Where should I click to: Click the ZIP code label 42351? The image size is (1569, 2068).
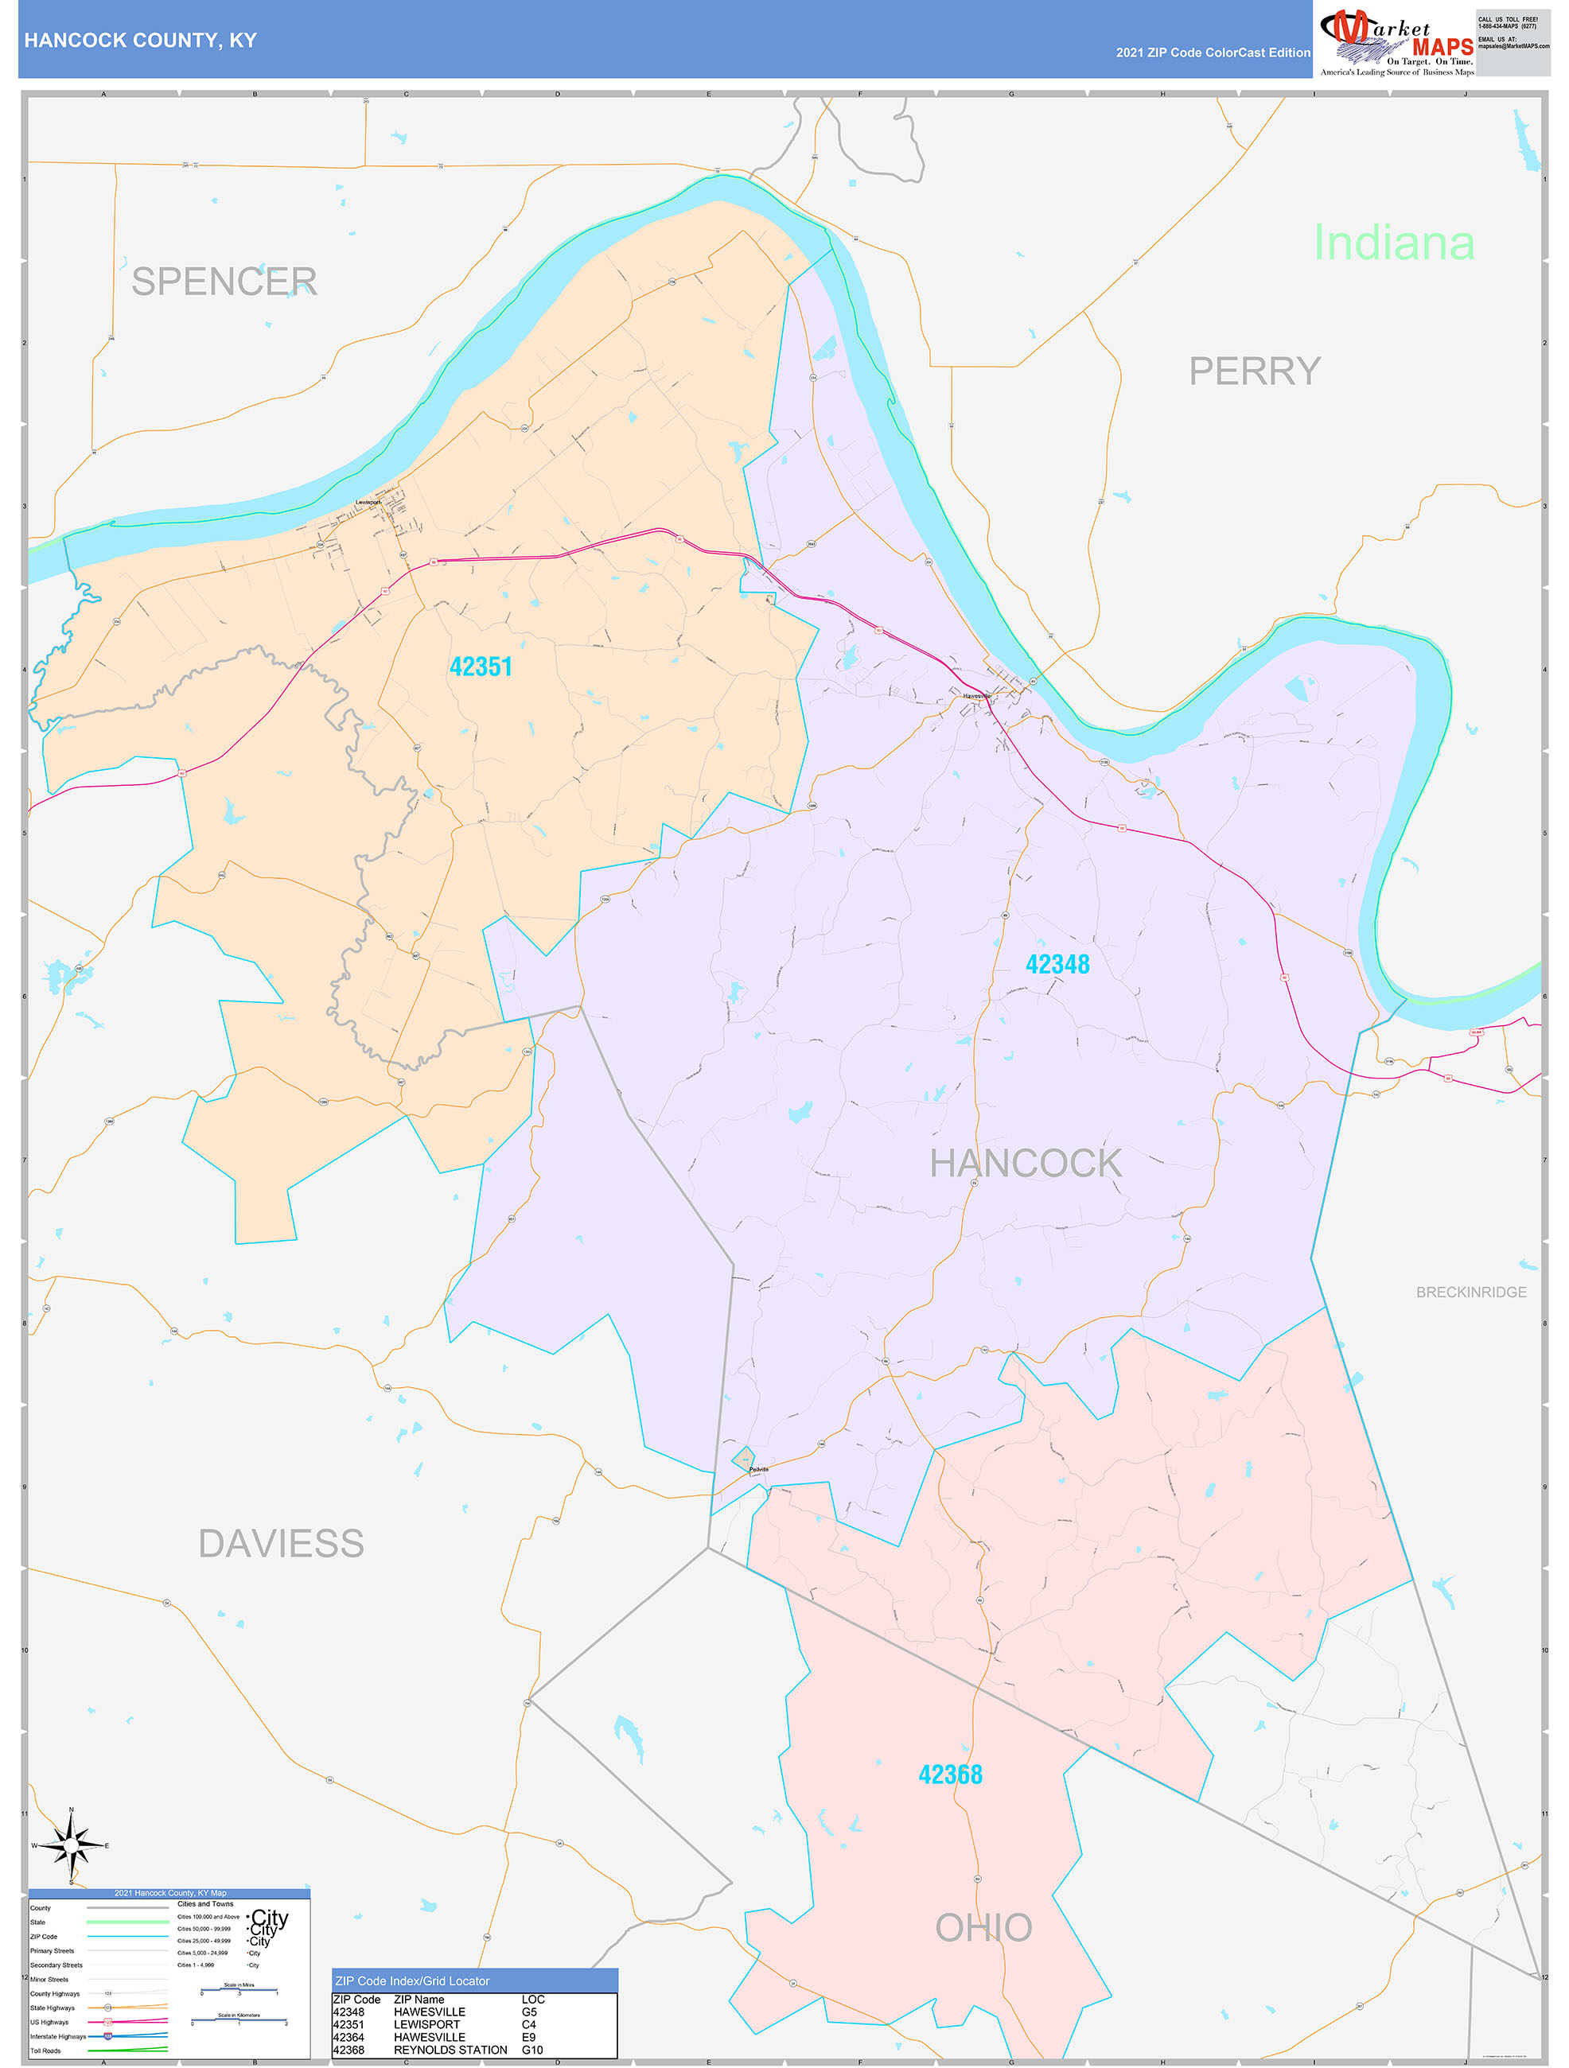click(x=481, y=667)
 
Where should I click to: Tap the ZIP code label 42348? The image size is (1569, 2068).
click(x=1057, y=964)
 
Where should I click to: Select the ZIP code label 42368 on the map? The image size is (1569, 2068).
click(x=950, y=1775)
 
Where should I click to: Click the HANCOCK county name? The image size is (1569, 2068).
click(x=1026, y=1163)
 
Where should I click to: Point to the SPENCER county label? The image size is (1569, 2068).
click(x=224, y=282)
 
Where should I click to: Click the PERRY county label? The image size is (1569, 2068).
click(x=1255, y=371)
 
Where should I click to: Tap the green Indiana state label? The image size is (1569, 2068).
click(x=1393, y=243)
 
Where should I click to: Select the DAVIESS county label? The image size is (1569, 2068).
click(x=281, y=1544)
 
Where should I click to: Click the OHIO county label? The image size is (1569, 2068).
click(x=983, y=1928)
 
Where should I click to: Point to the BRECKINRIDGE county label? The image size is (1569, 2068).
click(x=1471, y=1292)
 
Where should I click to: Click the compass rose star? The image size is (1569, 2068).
click(x=71, y=1845)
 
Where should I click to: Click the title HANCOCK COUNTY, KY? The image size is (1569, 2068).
click(x=140, y=41)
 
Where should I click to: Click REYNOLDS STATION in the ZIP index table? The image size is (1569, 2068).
click(x=450, y=2051)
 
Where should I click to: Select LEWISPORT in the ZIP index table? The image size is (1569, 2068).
click(x=426, y=2025)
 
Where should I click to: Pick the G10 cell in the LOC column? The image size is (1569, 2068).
click(x=532, y=2051)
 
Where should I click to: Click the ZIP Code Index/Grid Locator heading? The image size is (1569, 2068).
click(x=412, y=1981)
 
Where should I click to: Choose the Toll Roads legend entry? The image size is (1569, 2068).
click(x=46, y=2051)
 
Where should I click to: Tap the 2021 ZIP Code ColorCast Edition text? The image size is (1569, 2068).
click(x=1213, y=52)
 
